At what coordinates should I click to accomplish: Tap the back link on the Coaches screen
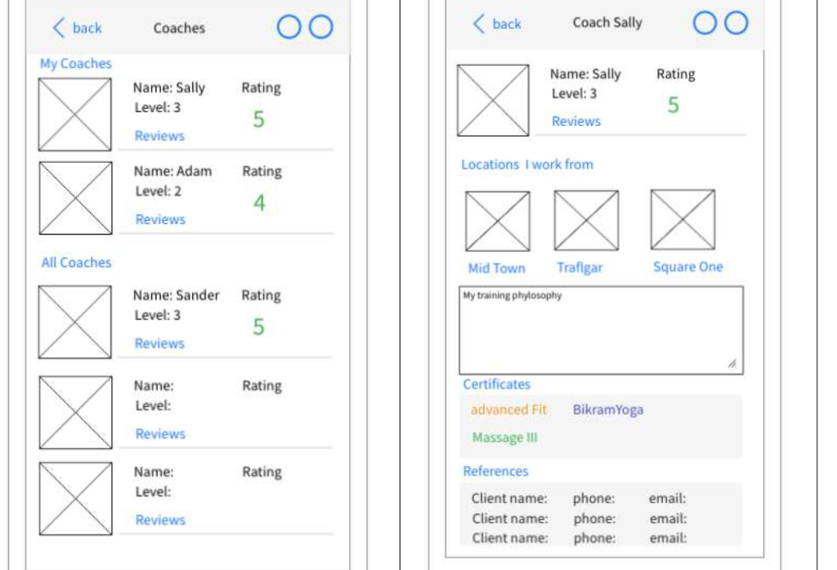pos(78,28)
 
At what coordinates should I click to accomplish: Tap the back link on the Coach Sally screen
pos(497,24)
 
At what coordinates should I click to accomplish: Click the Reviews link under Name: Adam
pos(160,219)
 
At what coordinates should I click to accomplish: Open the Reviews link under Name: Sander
pos(159,343)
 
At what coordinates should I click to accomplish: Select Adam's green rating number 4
pos(259,203)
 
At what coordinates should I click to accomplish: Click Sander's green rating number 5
pos(258,327)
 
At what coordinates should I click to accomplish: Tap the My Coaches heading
pos(76,63)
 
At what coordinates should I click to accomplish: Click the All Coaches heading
pos(76,263)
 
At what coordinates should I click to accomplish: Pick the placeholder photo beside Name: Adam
pos(75,198)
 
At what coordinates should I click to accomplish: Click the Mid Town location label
pos(496,268)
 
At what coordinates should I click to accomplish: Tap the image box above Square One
pos(683,219)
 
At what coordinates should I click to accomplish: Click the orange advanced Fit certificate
pos(508,410)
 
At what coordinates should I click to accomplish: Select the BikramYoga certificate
pos(607,410)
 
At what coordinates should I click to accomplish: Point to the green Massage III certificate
pos(504,438)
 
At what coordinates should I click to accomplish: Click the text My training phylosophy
pos(512,296)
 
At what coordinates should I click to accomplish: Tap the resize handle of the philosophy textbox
pos(732,364)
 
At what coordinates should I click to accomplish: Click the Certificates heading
pos(496,384)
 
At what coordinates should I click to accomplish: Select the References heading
pos(495,471)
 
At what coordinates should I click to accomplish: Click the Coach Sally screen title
pos(607,23)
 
